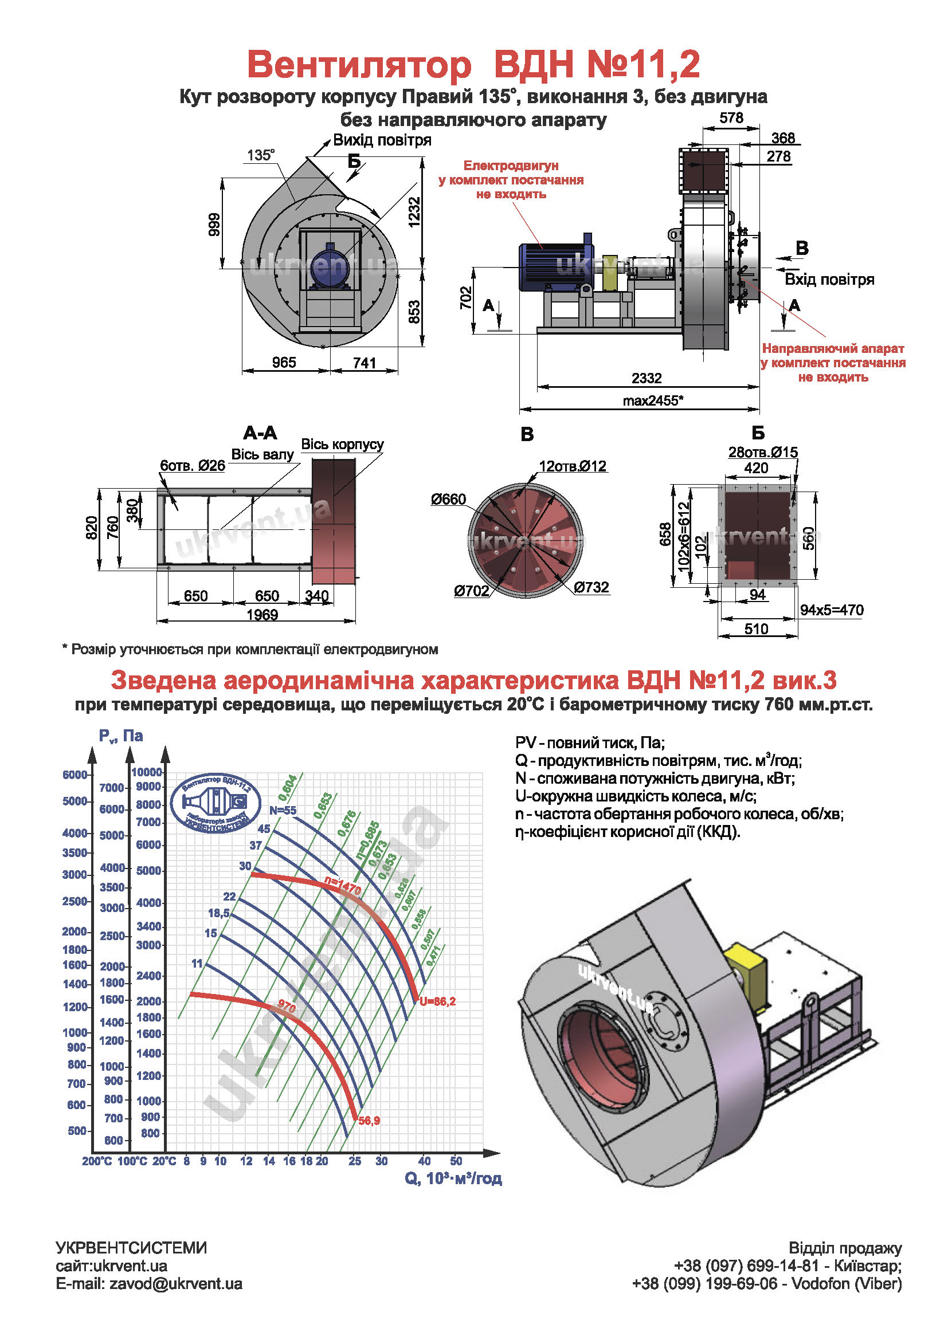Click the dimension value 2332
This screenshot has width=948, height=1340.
coord(646,378)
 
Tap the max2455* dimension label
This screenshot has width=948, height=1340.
coord(653,400)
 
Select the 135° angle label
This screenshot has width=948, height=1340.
coord(260,155)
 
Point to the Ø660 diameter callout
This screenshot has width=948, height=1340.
coord(448,499)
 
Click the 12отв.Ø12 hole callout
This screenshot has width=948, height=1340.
coord(573,466)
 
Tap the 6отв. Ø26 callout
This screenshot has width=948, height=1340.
coord(193,465)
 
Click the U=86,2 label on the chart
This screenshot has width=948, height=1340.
coord(437,1001)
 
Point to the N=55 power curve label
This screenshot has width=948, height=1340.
coord(283,810)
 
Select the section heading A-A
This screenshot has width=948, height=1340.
coord(260,433)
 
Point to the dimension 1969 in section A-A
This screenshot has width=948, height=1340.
coord(262,615)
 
